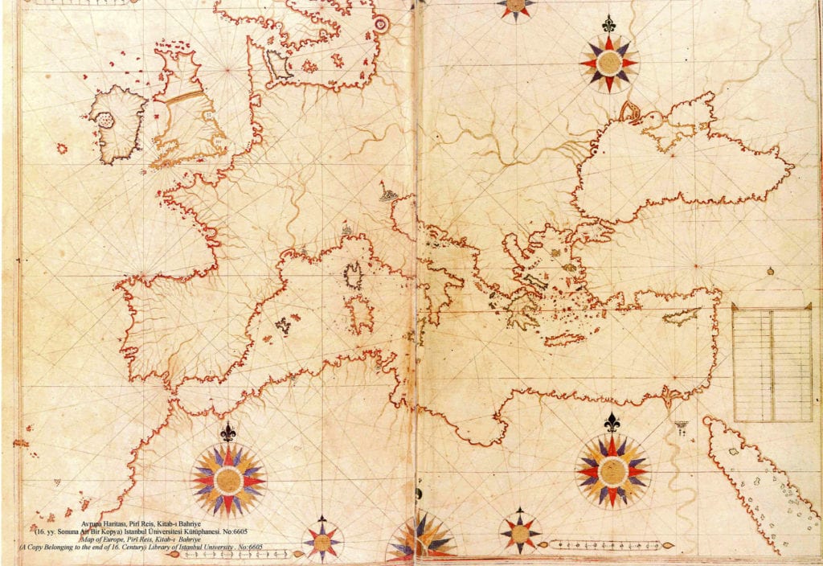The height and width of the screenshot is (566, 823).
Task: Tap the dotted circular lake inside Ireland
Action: tap(103, 120)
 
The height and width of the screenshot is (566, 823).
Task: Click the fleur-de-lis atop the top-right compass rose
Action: tap(608, 24)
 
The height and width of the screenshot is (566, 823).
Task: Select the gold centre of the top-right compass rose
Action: tap(608, 62)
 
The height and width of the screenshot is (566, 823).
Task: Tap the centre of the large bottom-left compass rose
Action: tap(228, 480)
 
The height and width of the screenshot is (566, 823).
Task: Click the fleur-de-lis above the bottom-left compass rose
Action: tap(229, 433)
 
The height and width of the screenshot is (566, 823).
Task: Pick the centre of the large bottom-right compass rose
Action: tap(612, 470)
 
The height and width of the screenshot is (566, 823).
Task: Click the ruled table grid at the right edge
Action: tap(772, 363)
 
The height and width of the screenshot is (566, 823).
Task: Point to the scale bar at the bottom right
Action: tap(611, 545)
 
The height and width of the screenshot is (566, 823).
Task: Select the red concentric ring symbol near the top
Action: tap(381, 25)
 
